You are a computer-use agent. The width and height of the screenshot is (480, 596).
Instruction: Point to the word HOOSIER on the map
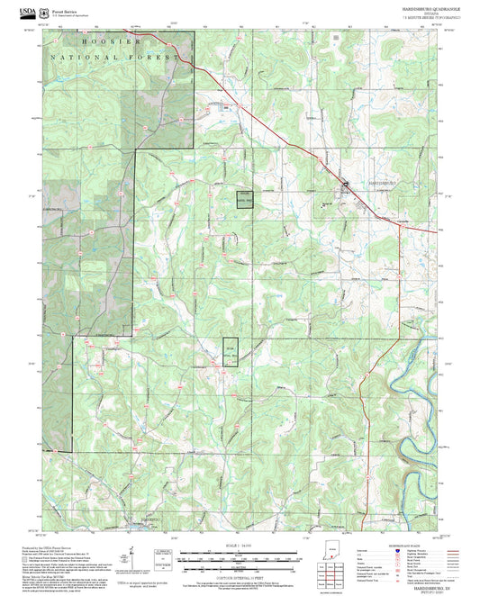(x=112, y=42)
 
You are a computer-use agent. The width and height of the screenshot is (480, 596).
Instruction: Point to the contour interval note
(x=240, y=574)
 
